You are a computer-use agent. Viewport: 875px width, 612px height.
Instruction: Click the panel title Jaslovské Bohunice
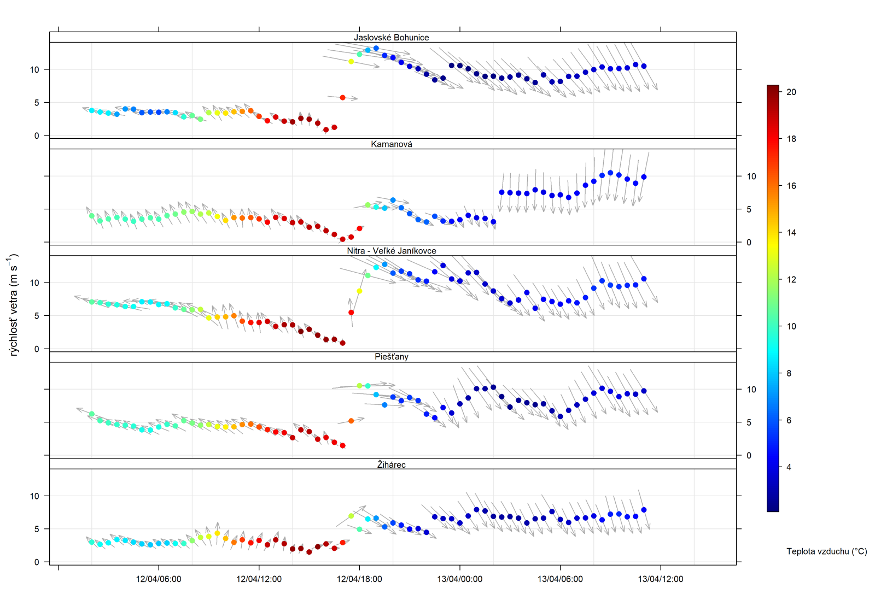pyautogui.click(x=391, y=37)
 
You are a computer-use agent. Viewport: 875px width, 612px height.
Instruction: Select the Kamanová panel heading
pyautogui.click(x=391, y=144)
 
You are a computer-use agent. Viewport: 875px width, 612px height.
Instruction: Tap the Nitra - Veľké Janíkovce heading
pyautogui.click(x=391, y=251)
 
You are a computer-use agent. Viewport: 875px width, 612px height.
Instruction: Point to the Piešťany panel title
pyautogui.click(x=391, y=357)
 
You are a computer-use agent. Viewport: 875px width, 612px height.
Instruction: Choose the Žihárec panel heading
pyautogui.click(x=391, y=464)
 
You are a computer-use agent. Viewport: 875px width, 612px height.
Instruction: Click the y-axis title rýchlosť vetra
pyautogui.click(x=14, y=305)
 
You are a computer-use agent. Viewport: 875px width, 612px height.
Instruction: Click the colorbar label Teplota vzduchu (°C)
pyautogui.click(x=826, y=551)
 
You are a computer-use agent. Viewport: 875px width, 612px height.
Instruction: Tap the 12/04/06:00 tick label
pyautogui.click(x=159, y=579)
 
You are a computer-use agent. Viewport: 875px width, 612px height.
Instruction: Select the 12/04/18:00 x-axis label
pyautogui.click(x=359, y=579)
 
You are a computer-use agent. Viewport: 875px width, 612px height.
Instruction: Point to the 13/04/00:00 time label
pyautogui.click(x=459, y=579)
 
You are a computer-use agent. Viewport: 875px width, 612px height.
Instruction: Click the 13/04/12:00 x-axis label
pyautogui.click(x=660, y=579)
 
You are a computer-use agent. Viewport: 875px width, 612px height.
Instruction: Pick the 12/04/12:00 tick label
pyautogui.click(x=259, y=579)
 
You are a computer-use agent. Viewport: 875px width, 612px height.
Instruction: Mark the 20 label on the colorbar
pyautogui.click(x=791, y=92)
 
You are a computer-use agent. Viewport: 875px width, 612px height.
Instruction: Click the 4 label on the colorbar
pyautogui.click(x=789, y=467)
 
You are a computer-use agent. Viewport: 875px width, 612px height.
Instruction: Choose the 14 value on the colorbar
pyautogui.click(x=791, y=233)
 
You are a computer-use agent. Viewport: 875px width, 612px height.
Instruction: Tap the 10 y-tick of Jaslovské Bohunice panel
pyautogui.click(x=34, y=69)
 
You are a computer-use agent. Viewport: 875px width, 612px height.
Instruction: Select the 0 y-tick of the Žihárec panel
pyautogui.click(x=37, y=562)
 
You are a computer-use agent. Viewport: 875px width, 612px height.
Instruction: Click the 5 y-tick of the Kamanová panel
pyautogui.click(x=749, y=209)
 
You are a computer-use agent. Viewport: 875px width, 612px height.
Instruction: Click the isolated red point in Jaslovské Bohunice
pyautogui.click(x=342, y=98)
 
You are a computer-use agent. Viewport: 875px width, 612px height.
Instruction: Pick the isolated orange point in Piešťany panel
pyautogui.click(x=351, y=421)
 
